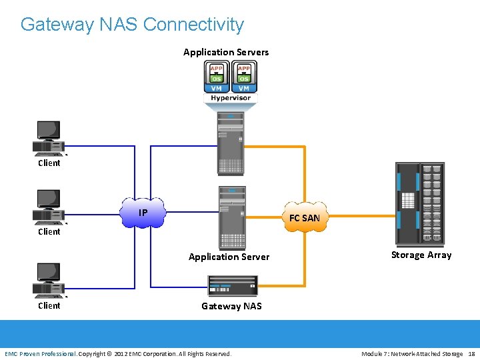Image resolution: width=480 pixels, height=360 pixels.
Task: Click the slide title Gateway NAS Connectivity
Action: (x=132, y=25)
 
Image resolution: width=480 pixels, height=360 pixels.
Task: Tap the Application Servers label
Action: (x=226, y=52)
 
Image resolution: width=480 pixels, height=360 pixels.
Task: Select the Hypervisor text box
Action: (x=231, y=98)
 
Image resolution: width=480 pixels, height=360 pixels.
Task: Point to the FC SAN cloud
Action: (x=305, y=217)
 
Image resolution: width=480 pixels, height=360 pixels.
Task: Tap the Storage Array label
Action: (x=421, y=255)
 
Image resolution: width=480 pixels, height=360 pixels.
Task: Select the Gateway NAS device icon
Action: (x=233, y=285)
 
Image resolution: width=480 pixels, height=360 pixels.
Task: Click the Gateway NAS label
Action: (x=231, y=306)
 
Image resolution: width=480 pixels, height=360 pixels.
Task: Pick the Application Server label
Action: (x=229, y=257)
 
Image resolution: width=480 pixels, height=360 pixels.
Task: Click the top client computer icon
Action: (x=49, y=139)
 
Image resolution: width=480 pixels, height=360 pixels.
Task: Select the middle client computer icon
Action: (x=49, y=207)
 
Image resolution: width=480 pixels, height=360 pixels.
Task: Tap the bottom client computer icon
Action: (x=49, y=281)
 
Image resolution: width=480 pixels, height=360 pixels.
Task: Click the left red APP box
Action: (x=217, y=68)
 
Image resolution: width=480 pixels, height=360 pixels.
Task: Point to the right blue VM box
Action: (x=244, y=87)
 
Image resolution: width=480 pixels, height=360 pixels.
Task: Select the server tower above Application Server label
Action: (x=232, y=217)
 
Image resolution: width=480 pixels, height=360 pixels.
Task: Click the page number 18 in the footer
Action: (x=471, y=353)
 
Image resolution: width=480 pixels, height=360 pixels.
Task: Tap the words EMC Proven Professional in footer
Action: (x=40, y=353)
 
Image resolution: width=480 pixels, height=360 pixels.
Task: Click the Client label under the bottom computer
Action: (x=49, y=305)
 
